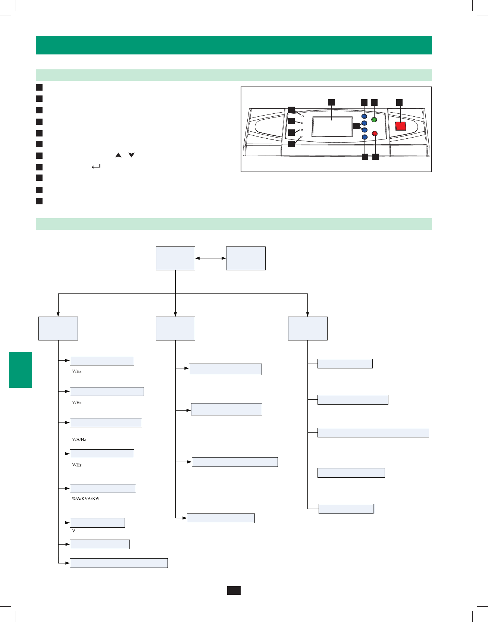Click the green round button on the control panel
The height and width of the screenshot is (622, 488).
375,120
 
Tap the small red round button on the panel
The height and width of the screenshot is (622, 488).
375,133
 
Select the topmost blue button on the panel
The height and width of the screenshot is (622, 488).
365,116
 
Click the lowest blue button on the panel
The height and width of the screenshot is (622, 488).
365,137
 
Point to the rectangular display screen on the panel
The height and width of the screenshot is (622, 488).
332,126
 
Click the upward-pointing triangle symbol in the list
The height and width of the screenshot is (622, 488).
118,155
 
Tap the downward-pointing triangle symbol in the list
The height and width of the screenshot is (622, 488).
131,155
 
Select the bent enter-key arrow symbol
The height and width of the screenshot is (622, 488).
96,167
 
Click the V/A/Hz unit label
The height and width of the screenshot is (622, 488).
79,440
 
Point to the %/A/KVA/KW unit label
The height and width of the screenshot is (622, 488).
85,499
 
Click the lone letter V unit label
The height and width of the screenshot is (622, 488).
73,531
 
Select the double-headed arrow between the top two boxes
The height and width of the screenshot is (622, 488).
210,258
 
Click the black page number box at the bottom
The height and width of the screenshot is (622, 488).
234,590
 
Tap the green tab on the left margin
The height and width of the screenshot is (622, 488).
21,370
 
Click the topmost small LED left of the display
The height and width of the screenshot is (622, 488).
303,116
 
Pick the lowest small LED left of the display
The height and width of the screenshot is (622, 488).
301,138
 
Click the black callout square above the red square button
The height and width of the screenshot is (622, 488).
400,102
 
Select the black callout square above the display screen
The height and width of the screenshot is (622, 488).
331,102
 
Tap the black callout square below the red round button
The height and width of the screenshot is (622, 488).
376,157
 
